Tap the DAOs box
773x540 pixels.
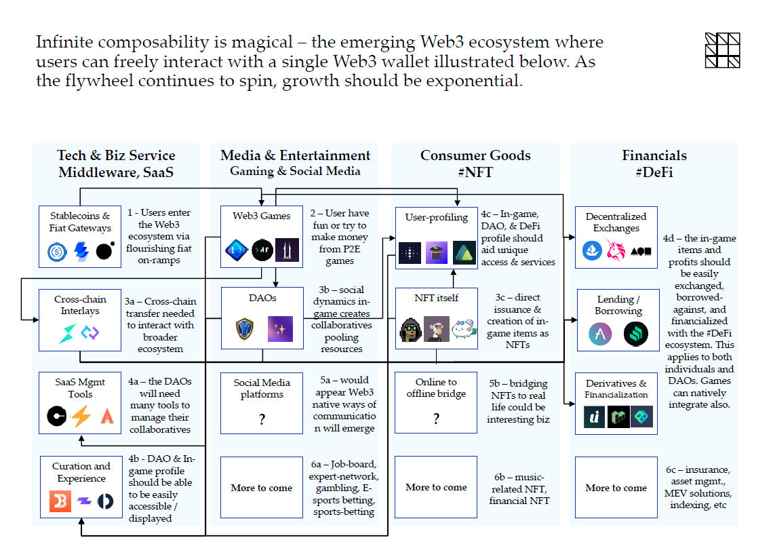pos(262,317)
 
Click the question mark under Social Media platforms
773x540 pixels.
pos(262,420)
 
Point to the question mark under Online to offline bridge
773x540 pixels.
pos(436,420)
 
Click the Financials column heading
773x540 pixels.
pos(654,156)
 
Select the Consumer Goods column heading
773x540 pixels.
pos(475,156)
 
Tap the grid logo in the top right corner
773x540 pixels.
pos(722,50)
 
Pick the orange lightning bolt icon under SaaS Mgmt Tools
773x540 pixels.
pos(81,416)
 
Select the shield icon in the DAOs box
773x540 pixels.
pos(245,329)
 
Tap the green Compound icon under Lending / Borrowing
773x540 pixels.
pos(635,334)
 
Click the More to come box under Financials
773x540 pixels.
pos(616,487)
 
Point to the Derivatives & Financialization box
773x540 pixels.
pos(616,403)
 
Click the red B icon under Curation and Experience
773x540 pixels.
pos(60,501)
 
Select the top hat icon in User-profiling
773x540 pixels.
pos(436,252)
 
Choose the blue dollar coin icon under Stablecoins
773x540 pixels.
pos(57,252)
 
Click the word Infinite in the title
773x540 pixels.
pos(64,42)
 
